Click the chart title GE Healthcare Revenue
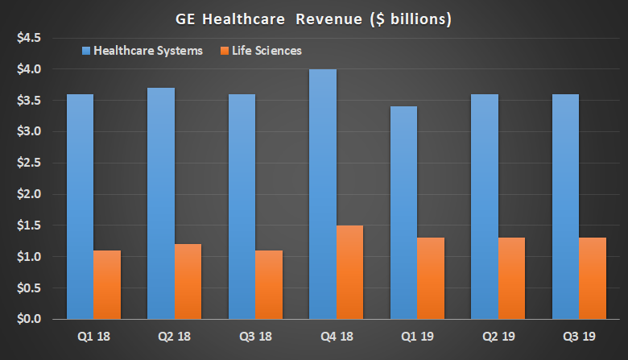[314, 18]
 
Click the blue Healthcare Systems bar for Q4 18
[323, 194]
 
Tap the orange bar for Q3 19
[592, 279]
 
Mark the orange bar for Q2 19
[511, 279]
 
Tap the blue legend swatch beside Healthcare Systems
[85, 51]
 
